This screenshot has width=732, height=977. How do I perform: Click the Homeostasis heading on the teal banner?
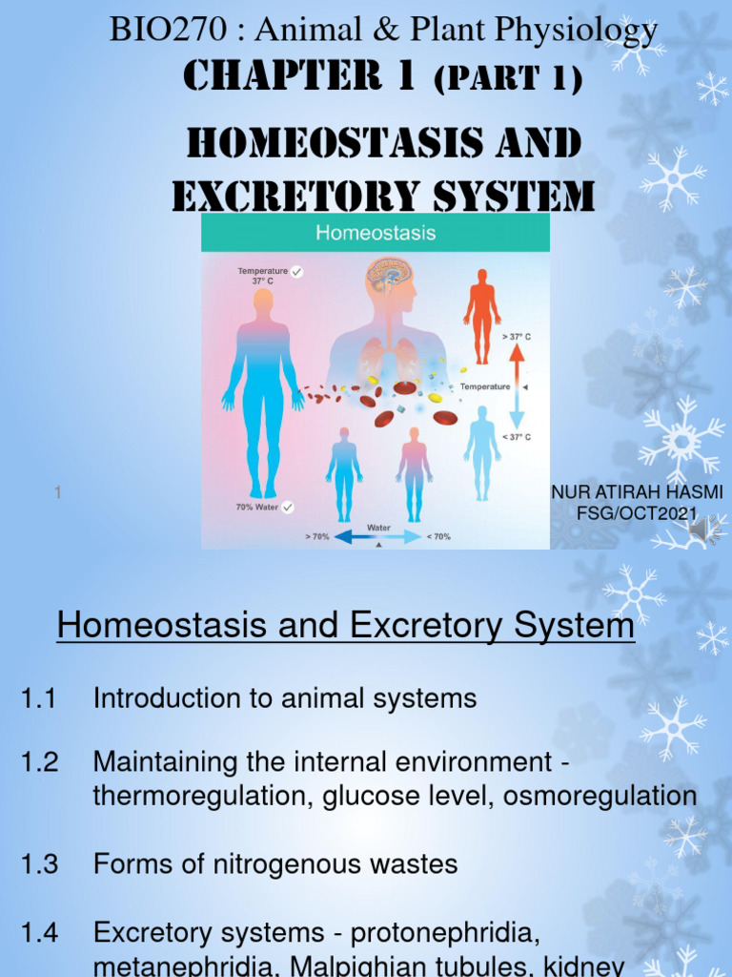click(376, 232)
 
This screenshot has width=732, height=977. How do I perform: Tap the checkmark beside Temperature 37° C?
click(296, 272)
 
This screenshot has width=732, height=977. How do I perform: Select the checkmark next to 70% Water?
click(288, 508)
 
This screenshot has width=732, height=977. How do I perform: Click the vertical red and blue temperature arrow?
click(517, 386)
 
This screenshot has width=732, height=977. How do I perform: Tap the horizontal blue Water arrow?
click(376, 537)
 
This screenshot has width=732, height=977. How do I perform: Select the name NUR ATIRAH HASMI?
click(637, 492)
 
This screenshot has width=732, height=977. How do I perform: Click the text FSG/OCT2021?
click(638, 513)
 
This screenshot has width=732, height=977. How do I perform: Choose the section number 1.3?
click(39, 864)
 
